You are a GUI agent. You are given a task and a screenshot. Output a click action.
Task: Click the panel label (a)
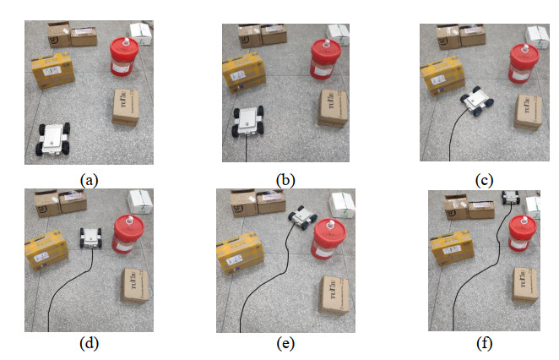[x=89, y=179]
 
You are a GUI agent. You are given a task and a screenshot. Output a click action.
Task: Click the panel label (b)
[x=285, y=179]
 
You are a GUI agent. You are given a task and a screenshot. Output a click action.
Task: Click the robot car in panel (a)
[x=55, y=138]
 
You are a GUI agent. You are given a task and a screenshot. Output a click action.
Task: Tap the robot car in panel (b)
[x=249, y=121]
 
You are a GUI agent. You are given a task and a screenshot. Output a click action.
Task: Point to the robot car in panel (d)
[x=91, y=237]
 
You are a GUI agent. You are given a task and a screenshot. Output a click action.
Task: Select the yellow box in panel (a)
[x=53, y=71]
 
